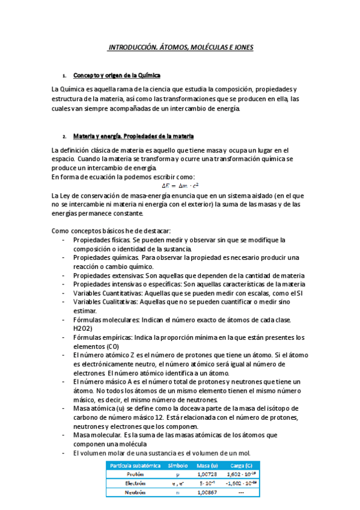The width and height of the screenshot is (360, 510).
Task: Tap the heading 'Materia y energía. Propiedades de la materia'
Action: (133, 136)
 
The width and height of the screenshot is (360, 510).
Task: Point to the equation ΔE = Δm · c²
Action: (180, 185)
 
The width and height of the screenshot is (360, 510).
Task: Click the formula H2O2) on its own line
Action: (84, 329)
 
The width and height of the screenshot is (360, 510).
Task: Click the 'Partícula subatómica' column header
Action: (132, 465)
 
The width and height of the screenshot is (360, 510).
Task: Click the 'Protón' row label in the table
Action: (135, 473)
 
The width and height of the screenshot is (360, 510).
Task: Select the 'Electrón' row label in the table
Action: (135, 482)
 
